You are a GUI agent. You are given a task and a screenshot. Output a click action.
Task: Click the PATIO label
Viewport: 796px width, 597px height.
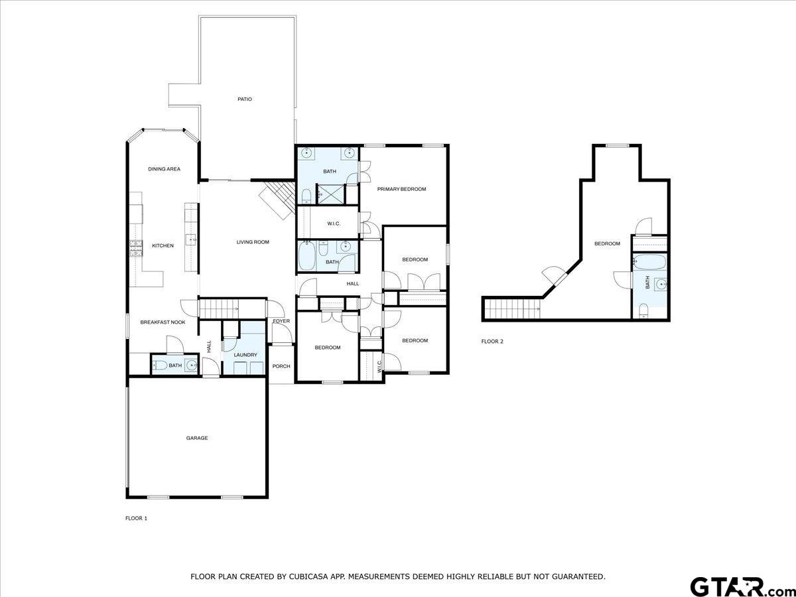[244, 99]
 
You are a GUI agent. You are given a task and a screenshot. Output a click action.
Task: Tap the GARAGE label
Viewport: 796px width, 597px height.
[197, 438]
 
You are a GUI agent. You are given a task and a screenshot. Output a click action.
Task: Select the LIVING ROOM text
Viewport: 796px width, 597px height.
[253, 242]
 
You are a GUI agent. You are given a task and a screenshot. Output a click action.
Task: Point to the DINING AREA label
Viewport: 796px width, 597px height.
[165, 169]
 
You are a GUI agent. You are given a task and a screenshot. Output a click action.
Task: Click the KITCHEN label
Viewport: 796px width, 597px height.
[163, 245]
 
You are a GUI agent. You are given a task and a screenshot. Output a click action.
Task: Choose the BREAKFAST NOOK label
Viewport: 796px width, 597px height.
[163, 322]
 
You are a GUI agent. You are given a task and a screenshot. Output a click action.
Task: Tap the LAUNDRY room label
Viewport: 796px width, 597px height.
[245, 355]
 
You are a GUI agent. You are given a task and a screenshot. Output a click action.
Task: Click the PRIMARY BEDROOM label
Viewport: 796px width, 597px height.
[402, 189]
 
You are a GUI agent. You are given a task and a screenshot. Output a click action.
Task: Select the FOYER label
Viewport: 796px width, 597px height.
[281, 321]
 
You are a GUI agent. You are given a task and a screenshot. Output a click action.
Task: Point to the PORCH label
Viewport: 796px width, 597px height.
[281, 366]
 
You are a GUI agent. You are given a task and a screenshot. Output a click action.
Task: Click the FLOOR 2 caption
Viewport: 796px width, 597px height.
[492, 341]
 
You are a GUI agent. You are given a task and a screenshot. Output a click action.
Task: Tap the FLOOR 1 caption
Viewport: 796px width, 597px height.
[137, 518]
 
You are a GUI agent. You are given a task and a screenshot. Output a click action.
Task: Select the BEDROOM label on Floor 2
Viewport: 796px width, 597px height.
[607, 243]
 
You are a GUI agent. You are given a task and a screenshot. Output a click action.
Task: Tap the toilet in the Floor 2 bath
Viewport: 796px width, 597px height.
[643, 311]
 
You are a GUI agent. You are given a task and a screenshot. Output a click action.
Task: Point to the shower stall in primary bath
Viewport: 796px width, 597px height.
[330, 194]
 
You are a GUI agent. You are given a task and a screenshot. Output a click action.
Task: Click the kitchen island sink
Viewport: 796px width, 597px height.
[191, 239]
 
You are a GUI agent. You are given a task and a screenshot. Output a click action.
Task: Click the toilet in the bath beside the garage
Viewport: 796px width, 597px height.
[160, 365]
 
